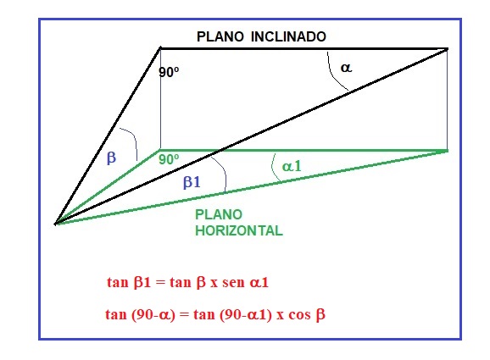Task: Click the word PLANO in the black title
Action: pyautogui.click(x=220, y=36)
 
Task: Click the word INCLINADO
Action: pyautogui.click(x=288, y=36)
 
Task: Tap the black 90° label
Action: pyautogui.click(x=169, y=72)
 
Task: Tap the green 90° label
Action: pyautogui.click(x=169, y=159)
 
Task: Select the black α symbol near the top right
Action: pyautogui.click(x=346, y=68)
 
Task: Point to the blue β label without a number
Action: pyautogui.click(x=111, y=157)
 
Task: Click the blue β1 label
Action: pyautogui.click(x=192, y=181)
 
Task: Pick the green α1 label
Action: pyautogui.click(x=292, y=166)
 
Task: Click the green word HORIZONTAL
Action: pyautogui.click(x=239, y=230)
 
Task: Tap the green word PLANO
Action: pyautogui.click(x=219, y=214)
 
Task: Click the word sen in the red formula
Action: pyautogui.click(x=233, y=282)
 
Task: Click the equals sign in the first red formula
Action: pyautogui.click(x=160, y=283)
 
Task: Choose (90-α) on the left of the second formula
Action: pyautogui.click(x=153, y=314)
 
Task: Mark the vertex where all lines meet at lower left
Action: pyautogui.click(x=56, y=224)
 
